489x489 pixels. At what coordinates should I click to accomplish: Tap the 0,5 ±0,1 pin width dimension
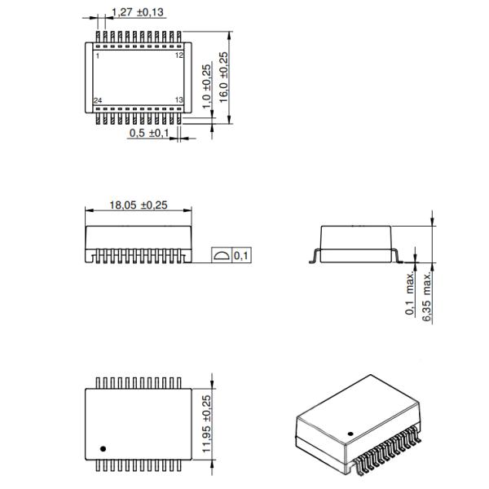pyautogui.click(x=148, y=133)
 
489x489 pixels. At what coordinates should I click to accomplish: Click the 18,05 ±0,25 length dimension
pyautogui.click(x=139, y=205)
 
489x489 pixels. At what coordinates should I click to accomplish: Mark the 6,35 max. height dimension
pyautogui.click(x=426, y=297)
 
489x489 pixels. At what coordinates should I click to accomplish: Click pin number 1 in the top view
pyautogui.click(x=98, y=56)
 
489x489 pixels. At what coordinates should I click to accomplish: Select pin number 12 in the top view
pyautogui.click(x=179, y=56)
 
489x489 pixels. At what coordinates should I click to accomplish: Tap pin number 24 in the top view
pyautogui.click(x=99, y=100)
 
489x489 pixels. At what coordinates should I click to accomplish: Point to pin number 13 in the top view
pyautogui.click(x=179, y=100)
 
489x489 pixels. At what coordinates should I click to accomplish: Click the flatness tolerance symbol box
pyautogui.click(x=221, y=256)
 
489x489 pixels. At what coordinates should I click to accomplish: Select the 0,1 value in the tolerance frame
pyautogui.click(x=242, y=256)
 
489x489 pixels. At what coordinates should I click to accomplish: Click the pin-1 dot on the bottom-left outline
pyautogui.click(x=104, y=448)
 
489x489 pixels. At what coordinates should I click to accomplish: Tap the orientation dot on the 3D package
pyautogui.click(x=351, y=434)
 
